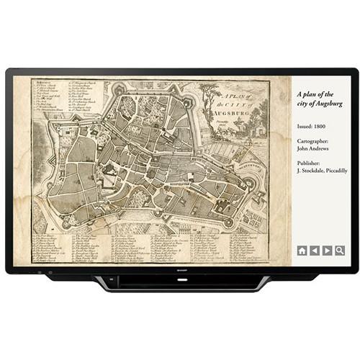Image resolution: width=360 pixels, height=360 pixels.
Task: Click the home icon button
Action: coord(302,251)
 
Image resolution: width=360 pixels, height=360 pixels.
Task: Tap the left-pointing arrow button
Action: coord(315,251)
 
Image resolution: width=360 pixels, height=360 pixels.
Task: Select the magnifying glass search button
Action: coord(339,251)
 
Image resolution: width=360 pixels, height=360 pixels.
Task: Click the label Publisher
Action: coord(311,162)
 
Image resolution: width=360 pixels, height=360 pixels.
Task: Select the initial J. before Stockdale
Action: coord(299,171)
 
